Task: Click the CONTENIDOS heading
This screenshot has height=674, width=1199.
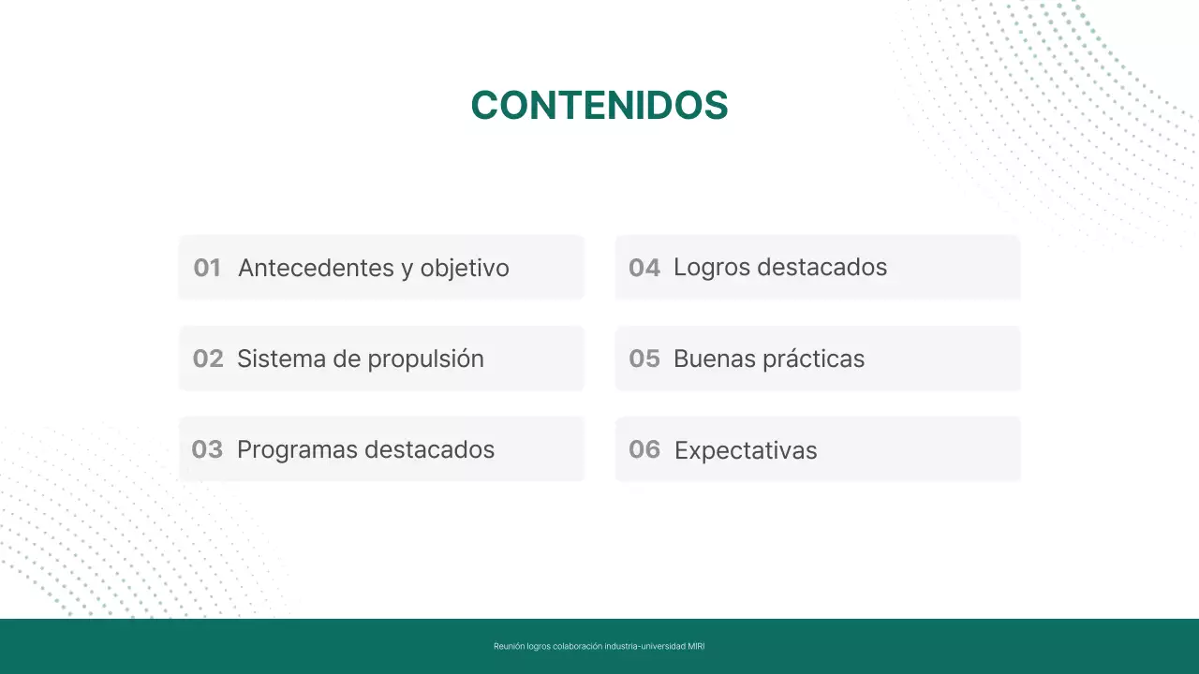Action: (599, 106)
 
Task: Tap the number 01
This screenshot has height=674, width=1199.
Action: (207, 268)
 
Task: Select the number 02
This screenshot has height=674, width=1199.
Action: (208, 359)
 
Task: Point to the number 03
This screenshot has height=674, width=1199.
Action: (207, 449)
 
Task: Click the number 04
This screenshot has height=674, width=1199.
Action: (644, 268)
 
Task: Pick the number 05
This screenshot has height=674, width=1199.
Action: (644, 359)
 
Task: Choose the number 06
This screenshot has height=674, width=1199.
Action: (644, 449)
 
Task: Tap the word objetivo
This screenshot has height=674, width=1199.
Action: (465, 269)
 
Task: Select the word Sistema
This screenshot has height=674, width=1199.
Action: (276, 359)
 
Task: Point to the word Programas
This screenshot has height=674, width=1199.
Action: (297, 450)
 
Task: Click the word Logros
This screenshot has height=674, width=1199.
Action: (711, 268)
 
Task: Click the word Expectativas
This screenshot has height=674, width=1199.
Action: (746, 451)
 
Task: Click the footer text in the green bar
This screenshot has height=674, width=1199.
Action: (599, 646)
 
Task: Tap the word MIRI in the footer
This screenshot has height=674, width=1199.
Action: (696, 646)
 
